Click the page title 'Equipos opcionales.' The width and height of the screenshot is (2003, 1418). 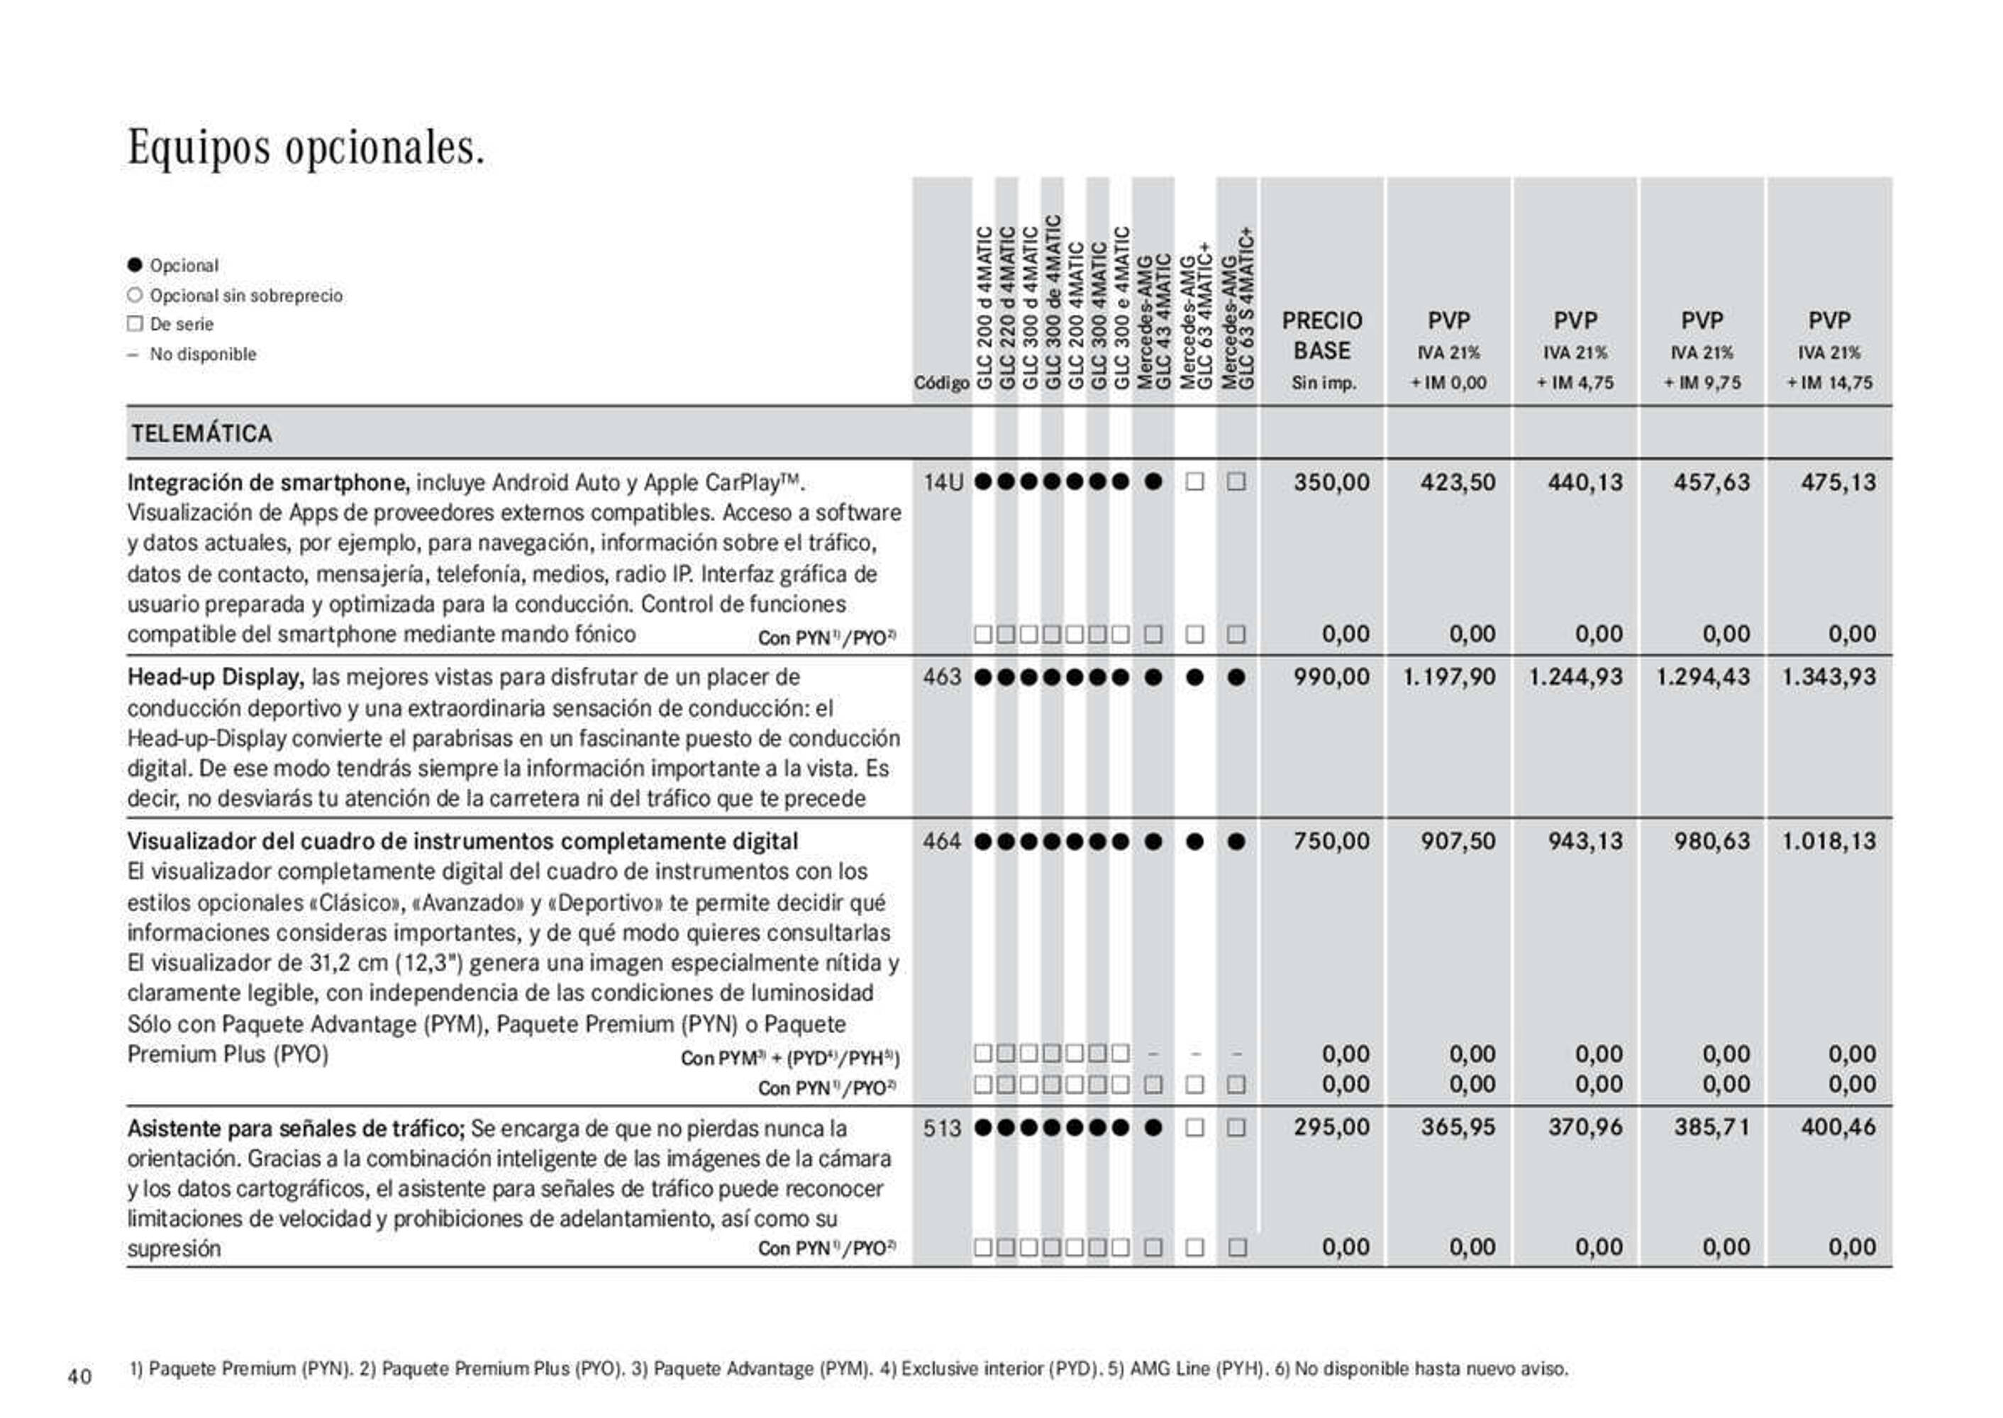pyautogui.click(x=306, y=147)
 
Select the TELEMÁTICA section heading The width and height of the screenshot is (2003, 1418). pyautogui.click(x=201, y=433)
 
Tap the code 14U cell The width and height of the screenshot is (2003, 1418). pyautogui.click(x=943, y=482)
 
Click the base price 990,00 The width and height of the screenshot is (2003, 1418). pyautogui.click(x=1331, y=676)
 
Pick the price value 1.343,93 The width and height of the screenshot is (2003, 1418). pyautogui.click(x=1829, y=676)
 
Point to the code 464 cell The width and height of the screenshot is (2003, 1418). pyautogui.click(x=943, y=841)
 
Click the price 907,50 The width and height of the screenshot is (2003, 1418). pyautogui.click(x=1458, y=841)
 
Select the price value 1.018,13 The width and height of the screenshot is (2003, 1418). pyautogui.click(x=1829, y=841)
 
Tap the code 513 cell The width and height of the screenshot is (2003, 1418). pyautogui.click(x=943, y=1127)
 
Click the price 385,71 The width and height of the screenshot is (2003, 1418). pyautogui.click(x=1712, y=1127)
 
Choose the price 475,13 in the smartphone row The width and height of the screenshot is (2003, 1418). pyautogui.click(x=1838, y=482)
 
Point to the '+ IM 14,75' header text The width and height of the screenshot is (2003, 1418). pyautogui.click(x=1829, y=382)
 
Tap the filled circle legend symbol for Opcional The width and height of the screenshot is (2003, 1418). pyautogui.click(x=135, y=264)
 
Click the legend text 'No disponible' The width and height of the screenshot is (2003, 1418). pyautogui.click(x=203, y=354)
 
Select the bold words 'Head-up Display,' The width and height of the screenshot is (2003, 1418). pyautogui.click(x=216, y=678)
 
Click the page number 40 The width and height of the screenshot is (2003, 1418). pyautogui.click(x=79, y=1377)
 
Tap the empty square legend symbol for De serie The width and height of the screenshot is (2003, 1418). pyautogui.click(x=135, y=324)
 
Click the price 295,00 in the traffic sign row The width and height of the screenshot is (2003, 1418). pyautogui.click(x=1331, y=1127)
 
